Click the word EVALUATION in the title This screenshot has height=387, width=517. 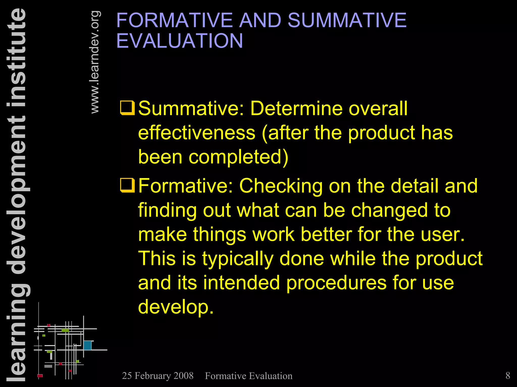click(x=179, y=41)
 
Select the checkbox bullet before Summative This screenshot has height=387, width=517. click(x=127, y=108)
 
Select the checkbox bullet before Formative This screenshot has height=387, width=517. click(x=127, y=185)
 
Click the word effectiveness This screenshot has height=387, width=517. click(x=197, y=133)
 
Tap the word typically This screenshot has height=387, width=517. click(x=238, y=259)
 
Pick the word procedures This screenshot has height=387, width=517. click(x=336, y=283)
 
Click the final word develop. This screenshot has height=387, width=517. click(x=176, y=307)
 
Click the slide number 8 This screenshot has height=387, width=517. click(x=508, y=375)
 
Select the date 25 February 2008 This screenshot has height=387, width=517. click(x=158, y=376)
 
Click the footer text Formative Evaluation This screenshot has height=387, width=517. click(x=249, y=376)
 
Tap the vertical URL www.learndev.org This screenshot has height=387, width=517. click(x=95, y=62)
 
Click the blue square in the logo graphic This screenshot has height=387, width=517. click(x=87, y=345)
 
